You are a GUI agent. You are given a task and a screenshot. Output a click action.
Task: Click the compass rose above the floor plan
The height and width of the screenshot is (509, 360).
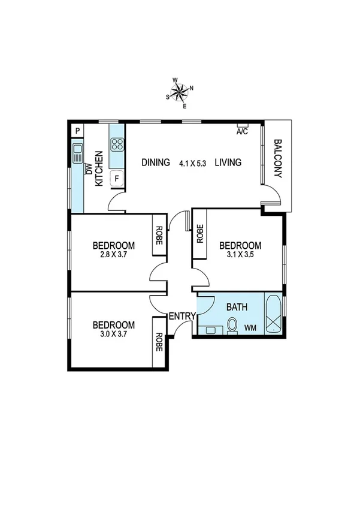coord(180,92)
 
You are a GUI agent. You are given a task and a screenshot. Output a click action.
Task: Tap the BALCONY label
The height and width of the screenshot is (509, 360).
coord(277,159)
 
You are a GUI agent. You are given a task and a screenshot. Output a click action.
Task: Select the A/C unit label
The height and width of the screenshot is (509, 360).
coord(243,131)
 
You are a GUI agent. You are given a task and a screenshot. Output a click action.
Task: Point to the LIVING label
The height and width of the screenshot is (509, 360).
coord(228,162)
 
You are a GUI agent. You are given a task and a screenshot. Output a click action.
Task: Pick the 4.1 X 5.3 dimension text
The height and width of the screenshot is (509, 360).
coord(192,162)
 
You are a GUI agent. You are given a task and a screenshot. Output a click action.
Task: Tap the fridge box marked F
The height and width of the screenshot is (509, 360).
coord(117,178)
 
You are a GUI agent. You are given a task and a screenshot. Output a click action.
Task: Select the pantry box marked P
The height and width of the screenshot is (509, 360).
coord(77,131)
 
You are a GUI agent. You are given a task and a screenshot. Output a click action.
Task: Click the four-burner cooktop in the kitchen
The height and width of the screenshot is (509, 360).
coord(117,144)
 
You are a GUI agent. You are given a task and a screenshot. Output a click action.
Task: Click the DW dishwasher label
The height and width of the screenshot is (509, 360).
coord(88,168)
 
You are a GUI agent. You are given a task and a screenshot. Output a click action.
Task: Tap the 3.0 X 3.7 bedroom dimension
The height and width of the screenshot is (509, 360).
coord(113,335)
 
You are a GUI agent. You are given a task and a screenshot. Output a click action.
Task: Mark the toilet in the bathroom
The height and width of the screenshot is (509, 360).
coord(232,326)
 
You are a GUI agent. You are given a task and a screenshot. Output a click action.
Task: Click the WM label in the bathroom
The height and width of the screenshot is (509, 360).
coord(250,327)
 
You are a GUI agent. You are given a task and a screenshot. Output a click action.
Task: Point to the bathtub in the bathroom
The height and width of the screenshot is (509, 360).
coord(273,314)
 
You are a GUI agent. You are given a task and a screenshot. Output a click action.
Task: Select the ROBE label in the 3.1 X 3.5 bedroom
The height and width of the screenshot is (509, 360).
coord(200,233)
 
